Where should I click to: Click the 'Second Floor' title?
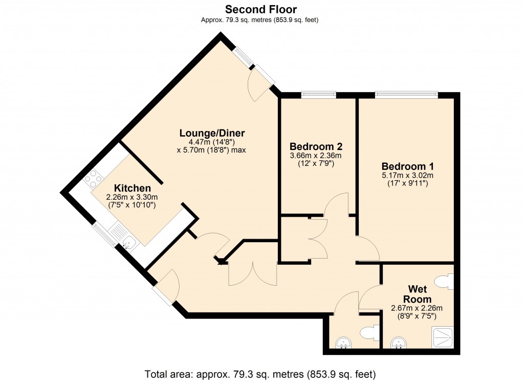[261, 9]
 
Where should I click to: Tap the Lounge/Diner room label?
[208, 133]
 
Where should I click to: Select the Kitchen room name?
[132, 188]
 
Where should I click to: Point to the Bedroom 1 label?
[407, 166]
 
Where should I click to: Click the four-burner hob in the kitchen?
[94, 179]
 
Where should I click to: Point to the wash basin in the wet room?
[398, 343]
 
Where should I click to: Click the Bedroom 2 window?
[318, 94]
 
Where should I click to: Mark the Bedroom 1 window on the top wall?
[406, 94]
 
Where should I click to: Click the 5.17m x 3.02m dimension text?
[407, 176]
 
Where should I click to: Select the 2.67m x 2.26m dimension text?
[416, 308]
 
